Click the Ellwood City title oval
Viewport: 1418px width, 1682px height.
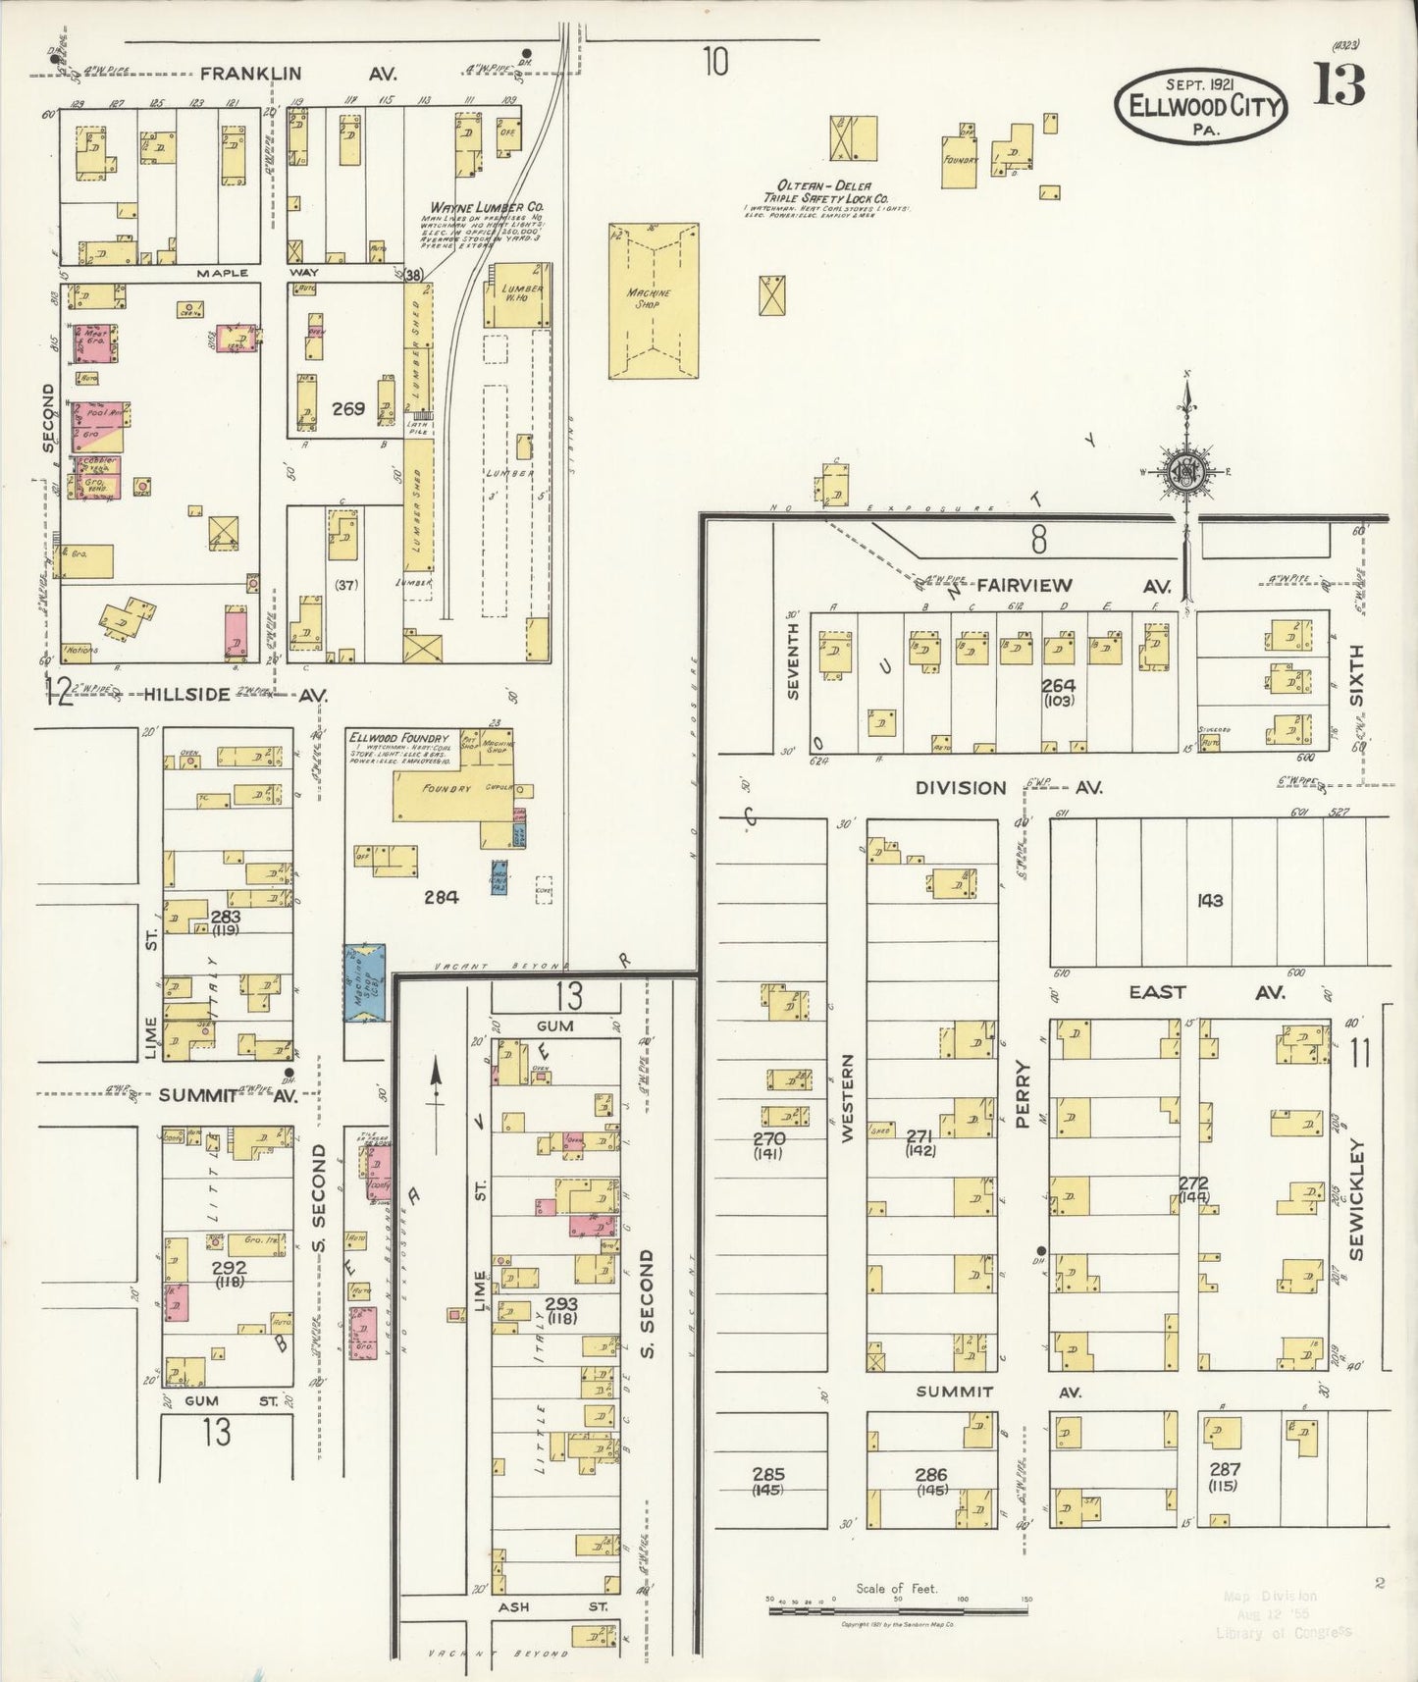[x=1199, y=106]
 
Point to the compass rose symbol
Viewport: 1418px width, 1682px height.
[x=1185, y=472]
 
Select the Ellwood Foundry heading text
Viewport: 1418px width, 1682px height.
[x=397, y=738]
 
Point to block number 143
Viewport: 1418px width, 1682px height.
[x=1209, y=899]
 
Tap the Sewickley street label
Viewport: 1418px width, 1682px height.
[x=1357, y=1199]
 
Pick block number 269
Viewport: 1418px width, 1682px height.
[x=347, y=408]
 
